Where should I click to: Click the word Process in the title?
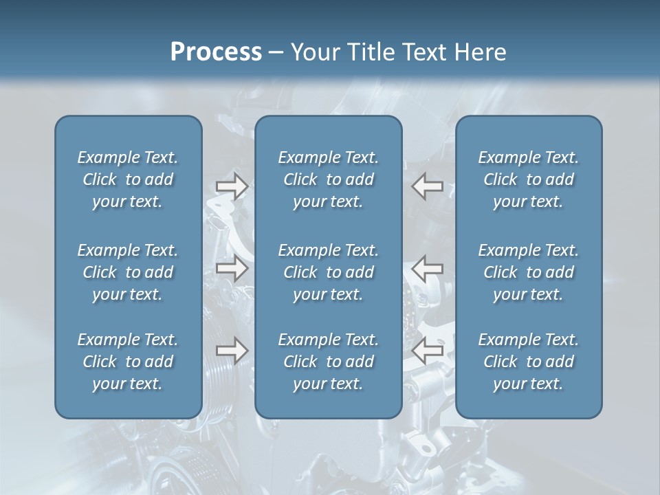[216, 52]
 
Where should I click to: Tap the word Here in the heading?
[481, 52]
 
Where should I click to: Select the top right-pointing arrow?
[232, 186]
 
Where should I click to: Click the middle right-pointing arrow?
[232, 268]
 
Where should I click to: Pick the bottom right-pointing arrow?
[232, 351]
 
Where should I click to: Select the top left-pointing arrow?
[428, 186]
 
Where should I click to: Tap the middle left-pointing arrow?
[428, 268]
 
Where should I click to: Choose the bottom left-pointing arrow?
[428, 351]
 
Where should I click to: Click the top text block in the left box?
[128, 179]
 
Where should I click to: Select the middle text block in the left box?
[128, 272]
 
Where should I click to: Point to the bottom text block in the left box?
[128, 362]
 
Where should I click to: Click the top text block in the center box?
[328, 179]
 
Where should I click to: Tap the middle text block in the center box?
[328, 272]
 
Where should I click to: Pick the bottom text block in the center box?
[328, 362]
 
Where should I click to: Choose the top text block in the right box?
[528, 179]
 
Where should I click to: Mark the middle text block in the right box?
[528, 272]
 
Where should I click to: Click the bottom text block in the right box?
[528, 362]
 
